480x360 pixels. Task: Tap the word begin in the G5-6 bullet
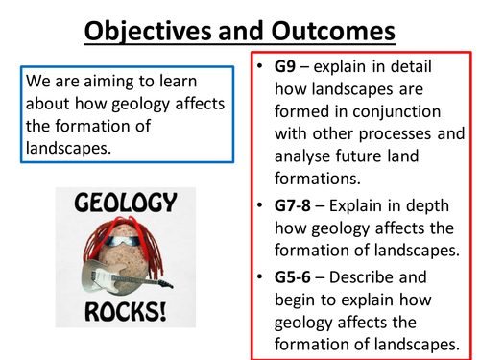297,302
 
